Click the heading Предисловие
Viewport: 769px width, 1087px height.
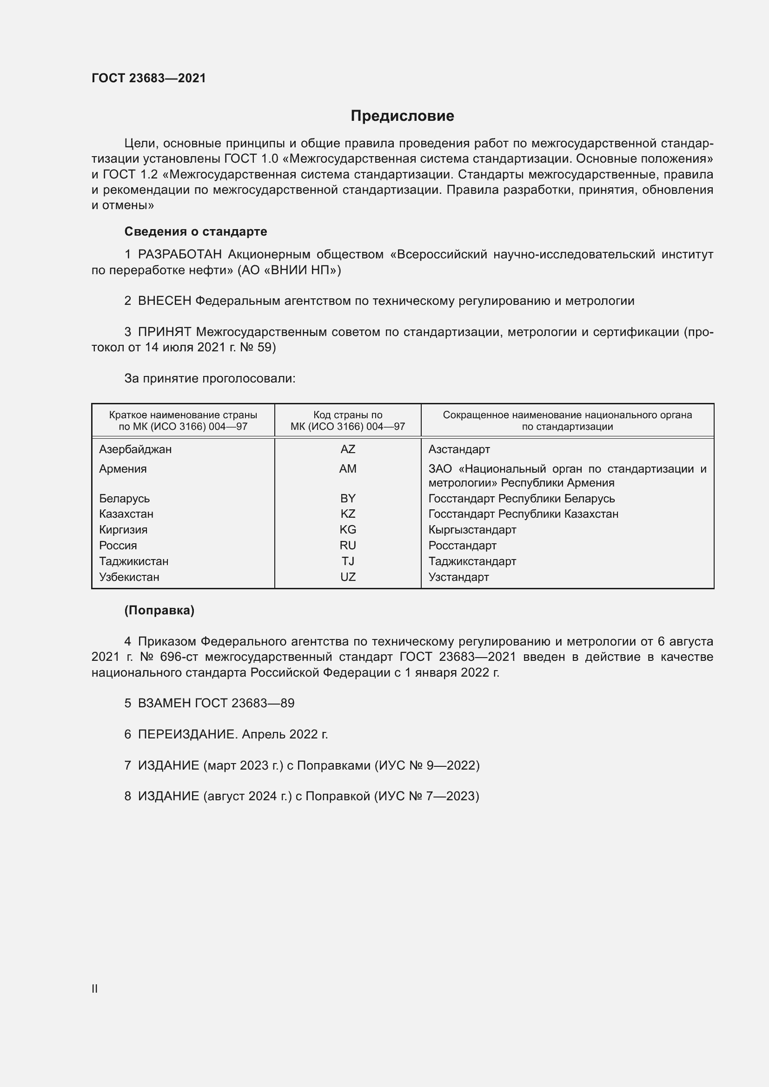[x=402, y=116]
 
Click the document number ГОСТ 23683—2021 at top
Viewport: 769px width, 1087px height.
[x=149, y=78]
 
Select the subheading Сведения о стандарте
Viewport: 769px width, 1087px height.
[x=196, y=231]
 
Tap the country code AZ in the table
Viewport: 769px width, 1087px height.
[x=348, y=449]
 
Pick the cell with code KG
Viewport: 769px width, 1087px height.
[x=348, y=529]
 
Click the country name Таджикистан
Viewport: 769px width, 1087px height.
[x=133, y=561]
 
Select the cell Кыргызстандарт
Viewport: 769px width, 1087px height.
[x=471, y=529]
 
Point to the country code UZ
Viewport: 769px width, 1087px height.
[x=348, y=577]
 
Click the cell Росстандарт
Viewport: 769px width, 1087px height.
[x=462, y=546]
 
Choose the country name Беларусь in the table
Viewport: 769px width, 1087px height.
[x=124, y=498]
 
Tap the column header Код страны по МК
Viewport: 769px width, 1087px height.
[x=348, y=421]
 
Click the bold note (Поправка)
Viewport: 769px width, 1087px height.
[x=159, y=610]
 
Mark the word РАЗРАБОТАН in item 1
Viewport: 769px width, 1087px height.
[x=180, y=254]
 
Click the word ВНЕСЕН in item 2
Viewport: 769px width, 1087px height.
[x=164, y=301]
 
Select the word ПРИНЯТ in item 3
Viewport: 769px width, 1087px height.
[x=164, y=332]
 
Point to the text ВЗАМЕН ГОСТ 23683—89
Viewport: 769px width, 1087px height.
[x=216, y=703]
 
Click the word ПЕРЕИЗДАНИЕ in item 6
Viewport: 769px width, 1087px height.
[x=186, y=734]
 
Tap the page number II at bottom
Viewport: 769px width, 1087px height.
[x=95, y=988]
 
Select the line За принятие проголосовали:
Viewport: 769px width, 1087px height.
[x=210, y=378]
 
